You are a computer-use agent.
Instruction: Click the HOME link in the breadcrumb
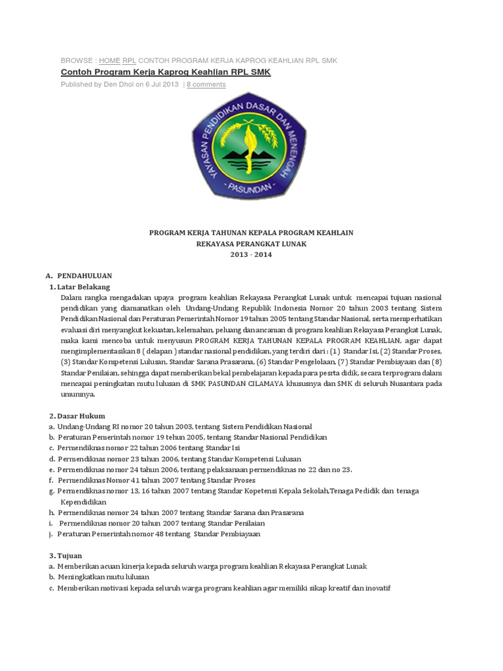pyautogui.click(x=109, y=60)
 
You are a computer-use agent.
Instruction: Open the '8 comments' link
pyautogui.click(x=206, y=85)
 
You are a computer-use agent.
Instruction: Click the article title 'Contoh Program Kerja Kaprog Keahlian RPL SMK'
pyautogui.click(x=165, y=72)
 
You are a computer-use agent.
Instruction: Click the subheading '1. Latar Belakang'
pyautogui.click(x=80, y=287)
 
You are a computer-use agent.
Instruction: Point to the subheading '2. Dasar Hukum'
pyautogui.click(x=77, y=416)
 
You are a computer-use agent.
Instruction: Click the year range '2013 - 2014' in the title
pyautogui.click(x=251, y=255)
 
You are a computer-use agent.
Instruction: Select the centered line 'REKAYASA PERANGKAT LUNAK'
pyautogui.click(x=251, y=244)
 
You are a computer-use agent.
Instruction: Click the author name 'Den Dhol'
pyautogui.click(x=119, y=85)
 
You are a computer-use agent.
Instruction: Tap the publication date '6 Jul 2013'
pyautogui.click(x=161, y=85)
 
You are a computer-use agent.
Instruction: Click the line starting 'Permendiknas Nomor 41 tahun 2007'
pyautogui.click(x=154, y=480)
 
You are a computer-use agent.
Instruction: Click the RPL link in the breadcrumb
pyautogui.click(x=129, y=60)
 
